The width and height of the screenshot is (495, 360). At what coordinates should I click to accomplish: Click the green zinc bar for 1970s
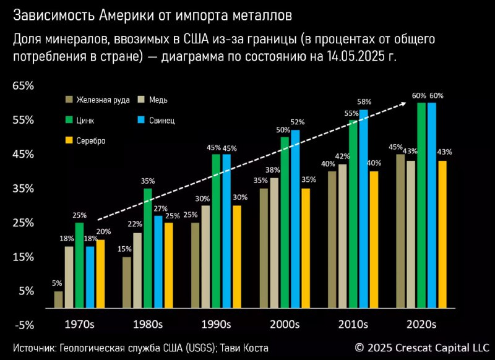click(79, 265)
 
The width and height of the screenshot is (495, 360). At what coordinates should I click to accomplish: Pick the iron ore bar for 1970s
click(58, 299)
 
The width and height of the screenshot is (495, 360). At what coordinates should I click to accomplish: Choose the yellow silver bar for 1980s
click(168, 265)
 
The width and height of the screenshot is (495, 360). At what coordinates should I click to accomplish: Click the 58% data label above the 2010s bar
click(364, 101)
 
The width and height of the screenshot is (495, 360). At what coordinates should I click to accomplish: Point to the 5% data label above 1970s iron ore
click(58, 284)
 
